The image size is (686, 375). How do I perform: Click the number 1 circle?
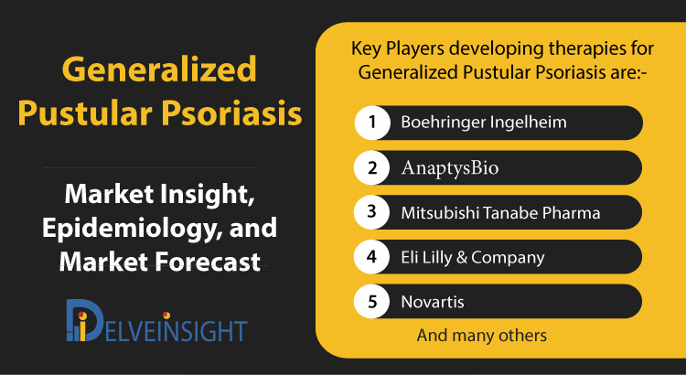[x=372, y=123]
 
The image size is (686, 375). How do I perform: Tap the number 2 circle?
[x=372, y=167]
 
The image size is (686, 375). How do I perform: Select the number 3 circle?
[x=372, y=212]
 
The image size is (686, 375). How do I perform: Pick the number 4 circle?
[x=372, y=257]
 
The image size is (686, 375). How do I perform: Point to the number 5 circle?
[x=372, y=302]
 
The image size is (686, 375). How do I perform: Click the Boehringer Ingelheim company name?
[x=484, y=123]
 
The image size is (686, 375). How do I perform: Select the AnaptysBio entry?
[x=450, y=167]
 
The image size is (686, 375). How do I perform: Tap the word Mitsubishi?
[x=440, y=213]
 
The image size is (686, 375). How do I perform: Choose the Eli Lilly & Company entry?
[x=473, y=257]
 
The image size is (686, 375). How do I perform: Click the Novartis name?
[x=433, y=302]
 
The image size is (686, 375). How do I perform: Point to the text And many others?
[x=482, y=336]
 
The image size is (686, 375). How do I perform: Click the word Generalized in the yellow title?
[x=159, y=70]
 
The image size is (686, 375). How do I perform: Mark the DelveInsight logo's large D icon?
[x=84, y=320]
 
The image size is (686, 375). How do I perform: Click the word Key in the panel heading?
[x=367, y=49]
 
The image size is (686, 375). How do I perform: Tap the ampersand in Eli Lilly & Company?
[x=461, y=257]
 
